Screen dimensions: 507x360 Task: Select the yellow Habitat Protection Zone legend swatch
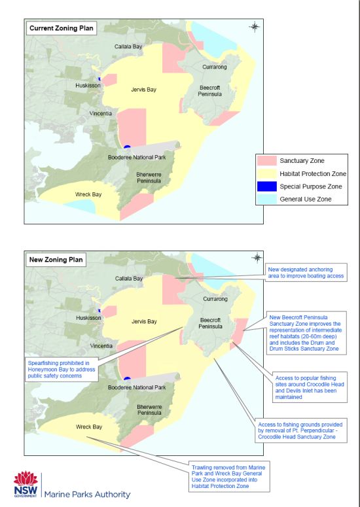click(x=268, y=174)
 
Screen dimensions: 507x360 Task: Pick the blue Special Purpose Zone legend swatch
click(x=268, y=186)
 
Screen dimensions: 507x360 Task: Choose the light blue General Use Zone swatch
click(x=268, y=199)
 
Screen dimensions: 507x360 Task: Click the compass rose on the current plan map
click(x=255, y=27)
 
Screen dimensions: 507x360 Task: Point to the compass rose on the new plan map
click(x=257, y=258)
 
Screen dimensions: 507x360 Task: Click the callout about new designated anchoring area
click(x=306, y=273)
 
